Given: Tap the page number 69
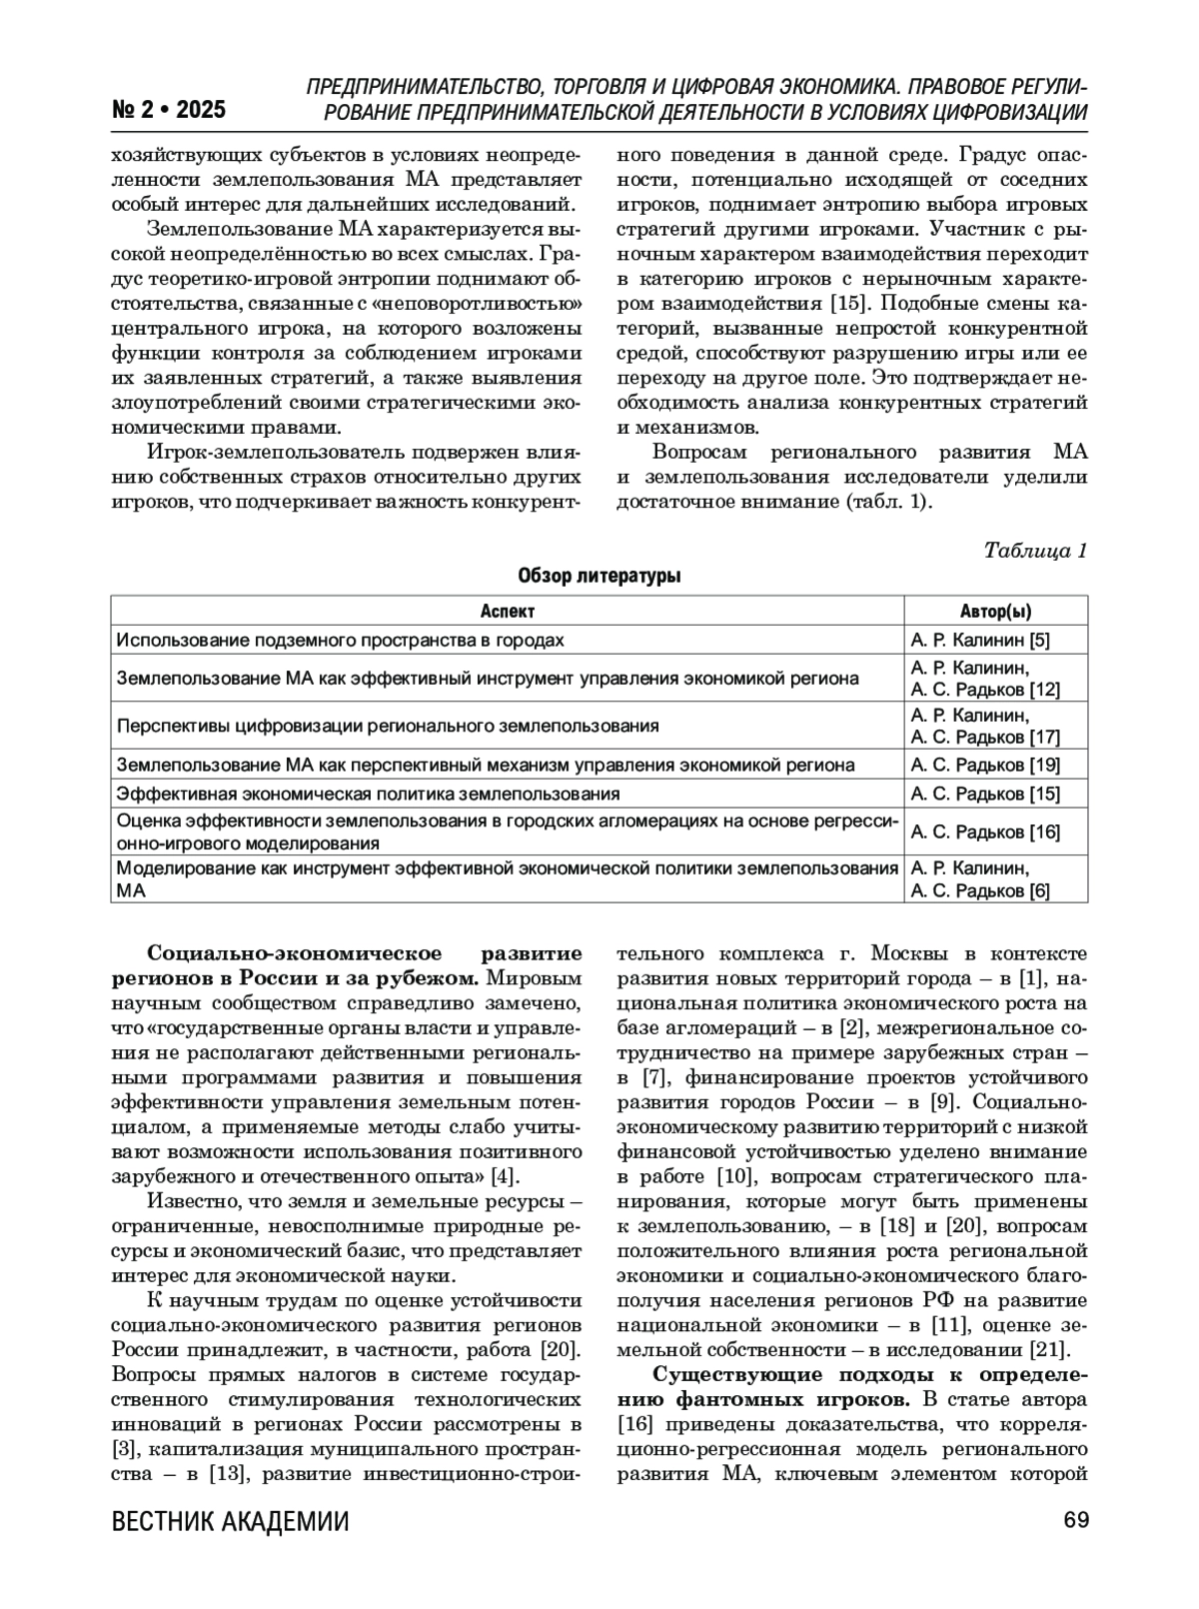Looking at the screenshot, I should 1075,1520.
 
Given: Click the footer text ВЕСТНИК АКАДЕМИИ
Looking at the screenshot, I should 231,1522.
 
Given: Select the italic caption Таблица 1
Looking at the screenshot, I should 1035,551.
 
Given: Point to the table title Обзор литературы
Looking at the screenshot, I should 599,577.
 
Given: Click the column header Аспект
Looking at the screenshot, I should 508,612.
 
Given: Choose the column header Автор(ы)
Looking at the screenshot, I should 995,612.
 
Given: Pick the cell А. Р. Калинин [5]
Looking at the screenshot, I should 980,641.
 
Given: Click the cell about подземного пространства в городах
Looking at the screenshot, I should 340,641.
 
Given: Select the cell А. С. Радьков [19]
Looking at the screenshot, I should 985,766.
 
